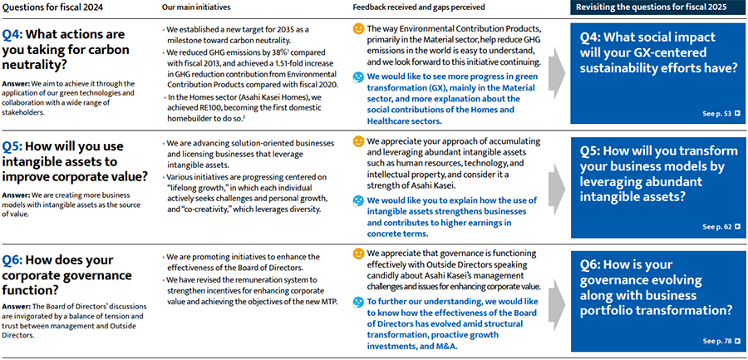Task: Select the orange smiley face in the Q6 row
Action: pyautogui.click(x=358, y=253)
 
